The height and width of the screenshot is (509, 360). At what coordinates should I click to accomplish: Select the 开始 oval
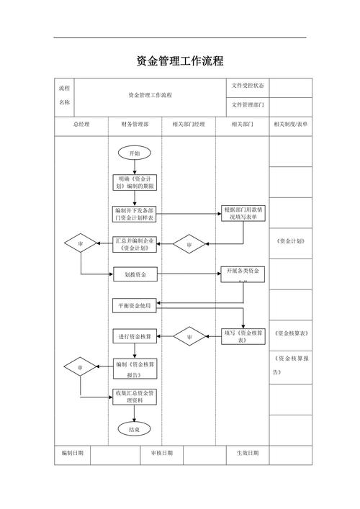135,153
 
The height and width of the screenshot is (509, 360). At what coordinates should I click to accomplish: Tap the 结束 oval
135,429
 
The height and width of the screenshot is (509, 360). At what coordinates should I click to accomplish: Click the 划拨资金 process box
135,274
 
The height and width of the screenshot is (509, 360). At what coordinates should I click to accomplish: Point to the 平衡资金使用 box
135,305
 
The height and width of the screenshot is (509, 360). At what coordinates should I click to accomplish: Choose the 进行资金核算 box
135,336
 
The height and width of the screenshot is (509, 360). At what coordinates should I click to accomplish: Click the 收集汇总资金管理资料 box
135,397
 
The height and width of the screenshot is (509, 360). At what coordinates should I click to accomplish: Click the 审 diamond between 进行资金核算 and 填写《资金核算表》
189,336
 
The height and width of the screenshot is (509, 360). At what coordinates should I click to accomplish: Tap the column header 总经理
81,125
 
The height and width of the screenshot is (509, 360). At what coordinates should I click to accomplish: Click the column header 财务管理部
135,125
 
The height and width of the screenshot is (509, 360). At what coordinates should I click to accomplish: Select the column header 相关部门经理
189,125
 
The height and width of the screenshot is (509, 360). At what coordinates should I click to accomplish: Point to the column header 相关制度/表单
290,125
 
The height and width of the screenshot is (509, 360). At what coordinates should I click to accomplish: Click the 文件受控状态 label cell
247,86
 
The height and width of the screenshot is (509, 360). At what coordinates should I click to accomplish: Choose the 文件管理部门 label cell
247,105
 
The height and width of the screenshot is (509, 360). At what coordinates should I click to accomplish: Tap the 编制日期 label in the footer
72,453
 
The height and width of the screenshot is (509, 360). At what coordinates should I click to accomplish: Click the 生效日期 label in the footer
248,453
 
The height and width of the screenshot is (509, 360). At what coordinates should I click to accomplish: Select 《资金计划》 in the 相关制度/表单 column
290,241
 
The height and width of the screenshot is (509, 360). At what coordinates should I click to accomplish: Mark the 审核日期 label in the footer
161,453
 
